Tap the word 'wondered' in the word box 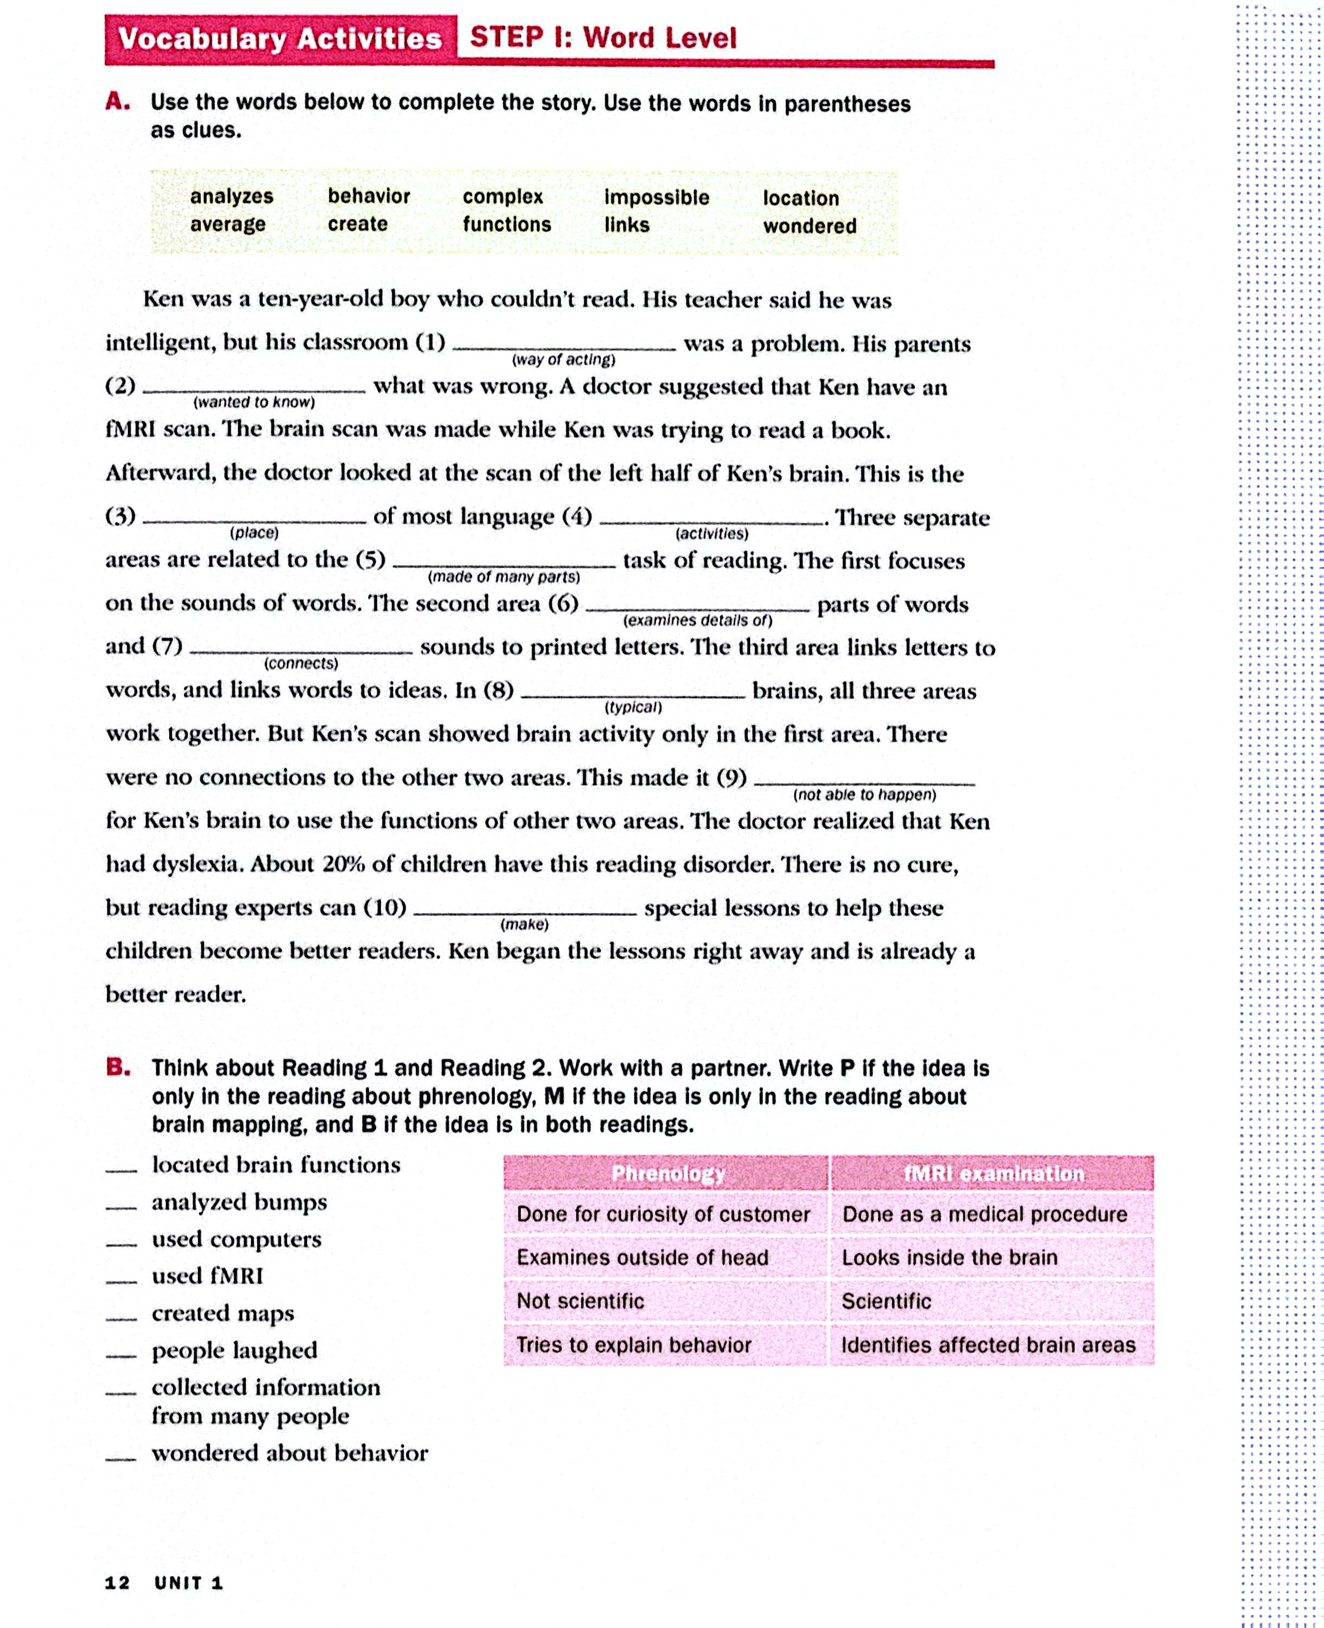pyautogui.click(x=809, y=226)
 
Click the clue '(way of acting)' pyautogui.click(x=564, y=359)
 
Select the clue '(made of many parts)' pyautogui.click(x=503, y=577)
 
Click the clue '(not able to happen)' pyautogui.click(x=864, y=795)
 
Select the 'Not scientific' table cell pyautogui.click(x=580, y=1301)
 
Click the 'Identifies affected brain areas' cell pyautogui.click(x=988, y=1345)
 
